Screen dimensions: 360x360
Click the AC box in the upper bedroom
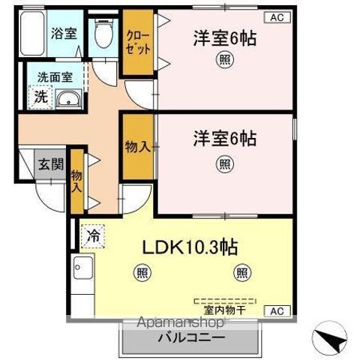pyautogui.click(x=277, y=17)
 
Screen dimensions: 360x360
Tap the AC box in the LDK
pyautogui.click(x=277, y=311)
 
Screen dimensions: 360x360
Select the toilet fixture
pyautogui.click(x=103, y=33)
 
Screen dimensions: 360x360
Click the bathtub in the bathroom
pyautogui.click(x=32, y=33)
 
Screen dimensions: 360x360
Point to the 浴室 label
pyautogui.click(x=64, y=33)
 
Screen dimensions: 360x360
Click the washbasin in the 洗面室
pyautogui.click(x=68, y=99)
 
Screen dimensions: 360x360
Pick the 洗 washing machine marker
pyautogui.click(x=40, y=97)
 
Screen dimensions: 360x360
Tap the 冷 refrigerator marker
pyautogui.click(x=93, y=236)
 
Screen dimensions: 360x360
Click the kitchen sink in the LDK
pyautogui.click(x=83, y=268)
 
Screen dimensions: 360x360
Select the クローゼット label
pyautogui.click(x=138, y=42)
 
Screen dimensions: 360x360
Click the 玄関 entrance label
pyautogui.click(x=51, y=164)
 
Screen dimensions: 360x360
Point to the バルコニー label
pyautogui.click(x=192, y=338)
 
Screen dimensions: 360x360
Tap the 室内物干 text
pyautogui.click(x=225, y=310)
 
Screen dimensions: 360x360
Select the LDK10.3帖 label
pyautogui.click(x=190, y=247)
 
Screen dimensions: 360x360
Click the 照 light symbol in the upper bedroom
pyautogui.click(x=225, y=60)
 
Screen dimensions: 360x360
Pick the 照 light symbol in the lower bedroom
pyautogui.click(x=225, y=164)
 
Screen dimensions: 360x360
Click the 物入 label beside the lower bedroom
pyautogui.click(x=138, y=147)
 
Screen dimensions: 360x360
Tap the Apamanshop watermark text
pyautogui.click(x=181, y=322)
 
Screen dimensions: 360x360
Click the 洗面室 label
pyautogui.click(x=55, y=77)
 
